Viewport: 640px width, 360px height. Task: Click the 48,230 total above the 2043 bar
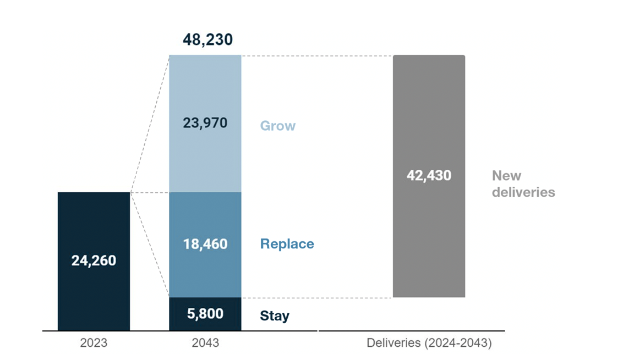pyautogui.click(x=208, y=40)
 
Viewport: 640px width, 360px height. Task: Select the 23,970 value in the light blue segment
pyautogui.click(x=205, y=123)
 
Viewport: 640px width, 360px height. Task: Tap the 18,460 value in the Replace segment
pyautogui.click(x=205, y=244)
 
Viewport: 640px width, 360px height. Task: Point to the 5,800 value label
pyautogui.click(x=205, y=314)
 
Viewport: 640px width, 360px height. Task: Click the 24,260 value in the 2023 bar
pyautogui.click(x=94, y=260)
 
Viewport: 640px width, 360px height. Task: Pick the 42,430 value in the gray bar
pyautogui.click(x=429, y=175)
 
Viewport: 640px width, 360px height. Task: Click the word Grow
pyautogui.click(x=278, y=126)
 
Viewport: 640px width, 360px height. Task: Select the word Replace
pyautogui.click(x=287, y=244)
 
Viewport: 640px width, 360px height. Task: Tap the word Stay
pyautogui.click(x=274, y=316)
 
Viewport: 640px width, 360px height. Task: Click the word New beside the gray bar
pyautogui.click(x=506, y=176)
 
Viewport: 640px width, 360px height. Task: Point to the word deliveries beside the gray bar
pyautogui.click(x=523, y=192)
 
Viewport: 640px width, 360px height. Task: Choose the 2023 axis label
pyautogui.click(x=94, y=343)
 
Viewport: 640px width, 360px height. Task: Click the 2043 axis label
pyautogui.click(x=205, y=343)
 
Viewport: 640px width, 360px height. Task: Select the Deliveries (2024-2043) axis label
pyautogui.click(x=429, y=343)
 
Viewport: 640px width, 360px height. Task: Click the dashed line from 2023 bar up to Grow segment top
pyautogui.click(x=150, y=124)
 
